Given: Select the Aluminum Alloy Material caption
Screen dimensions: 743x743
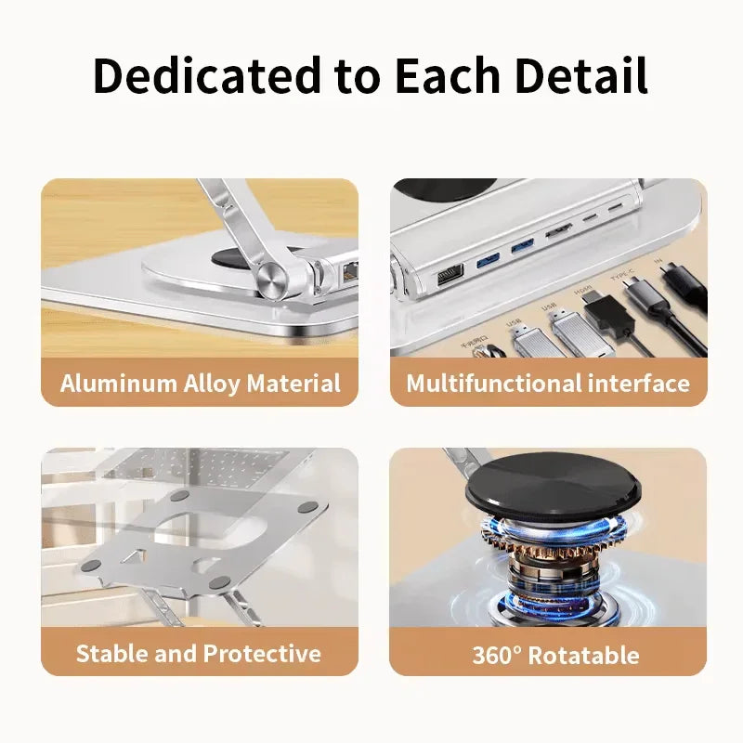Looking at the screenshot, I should tap(200, 384).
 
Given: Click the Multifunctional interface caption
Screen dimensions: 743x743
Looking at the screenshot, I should tap(548, 384).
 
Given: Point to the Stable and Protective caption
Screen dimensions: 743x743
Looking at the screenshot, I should tap(199, 653).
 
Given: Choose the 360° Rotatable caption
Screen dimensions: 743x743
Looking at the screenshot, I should tap(555, 655).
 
